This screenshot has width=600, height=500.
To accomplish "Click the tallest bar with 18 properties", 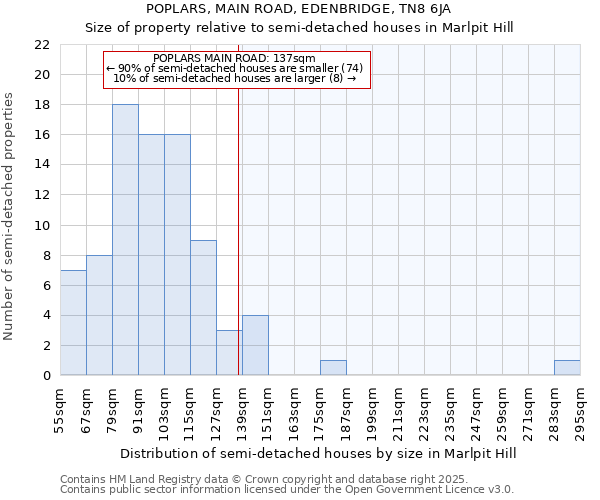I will click(x=125, y=240).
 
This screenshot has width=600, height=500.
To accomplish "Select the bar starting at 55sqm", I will click(x=73, y=323).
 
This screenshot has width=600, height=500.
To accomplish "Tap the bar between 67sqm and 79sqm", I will click(x=99, y=315).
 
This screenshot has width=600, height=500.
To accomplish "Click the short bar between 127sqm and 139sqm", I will click(x=229, y=353).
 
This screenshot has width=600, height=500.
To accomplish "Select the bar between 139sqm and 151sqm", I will click(x=255, y=345).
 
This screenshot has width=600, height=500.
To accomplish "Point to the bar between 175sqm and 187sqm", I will click(x=333, y=368).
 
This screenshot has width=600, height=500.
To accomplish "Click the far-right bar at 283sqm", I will click(x=567, y=368).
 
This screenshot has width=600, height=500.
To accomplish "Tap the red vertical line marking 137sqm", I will click(x=239, y=250).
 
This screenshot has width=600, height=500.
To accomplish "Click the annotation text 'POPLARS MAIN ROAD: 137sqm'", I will click(x=236, y=58).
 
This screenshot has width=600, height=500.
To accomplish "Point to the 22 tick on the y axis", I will click(x=41, y=45).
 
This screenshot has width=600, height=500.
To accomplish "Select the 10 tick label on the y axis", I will click(x=41, y=226).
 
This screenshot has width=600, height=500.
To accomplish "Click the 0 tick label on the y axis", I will click(x=45, y=376).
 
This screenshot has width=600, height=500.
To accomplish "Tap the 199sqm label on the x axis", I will click(x=372, y=409).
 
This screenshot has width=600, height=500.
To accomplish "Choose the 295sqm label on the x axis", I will click(x=580, y=409).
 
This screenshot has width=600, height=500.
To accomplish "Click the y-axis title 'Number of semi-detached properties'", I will click(x=11, y=216).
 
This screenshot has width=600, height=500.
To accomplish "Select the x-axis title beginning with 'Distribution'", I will click(x=317, y=453).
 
